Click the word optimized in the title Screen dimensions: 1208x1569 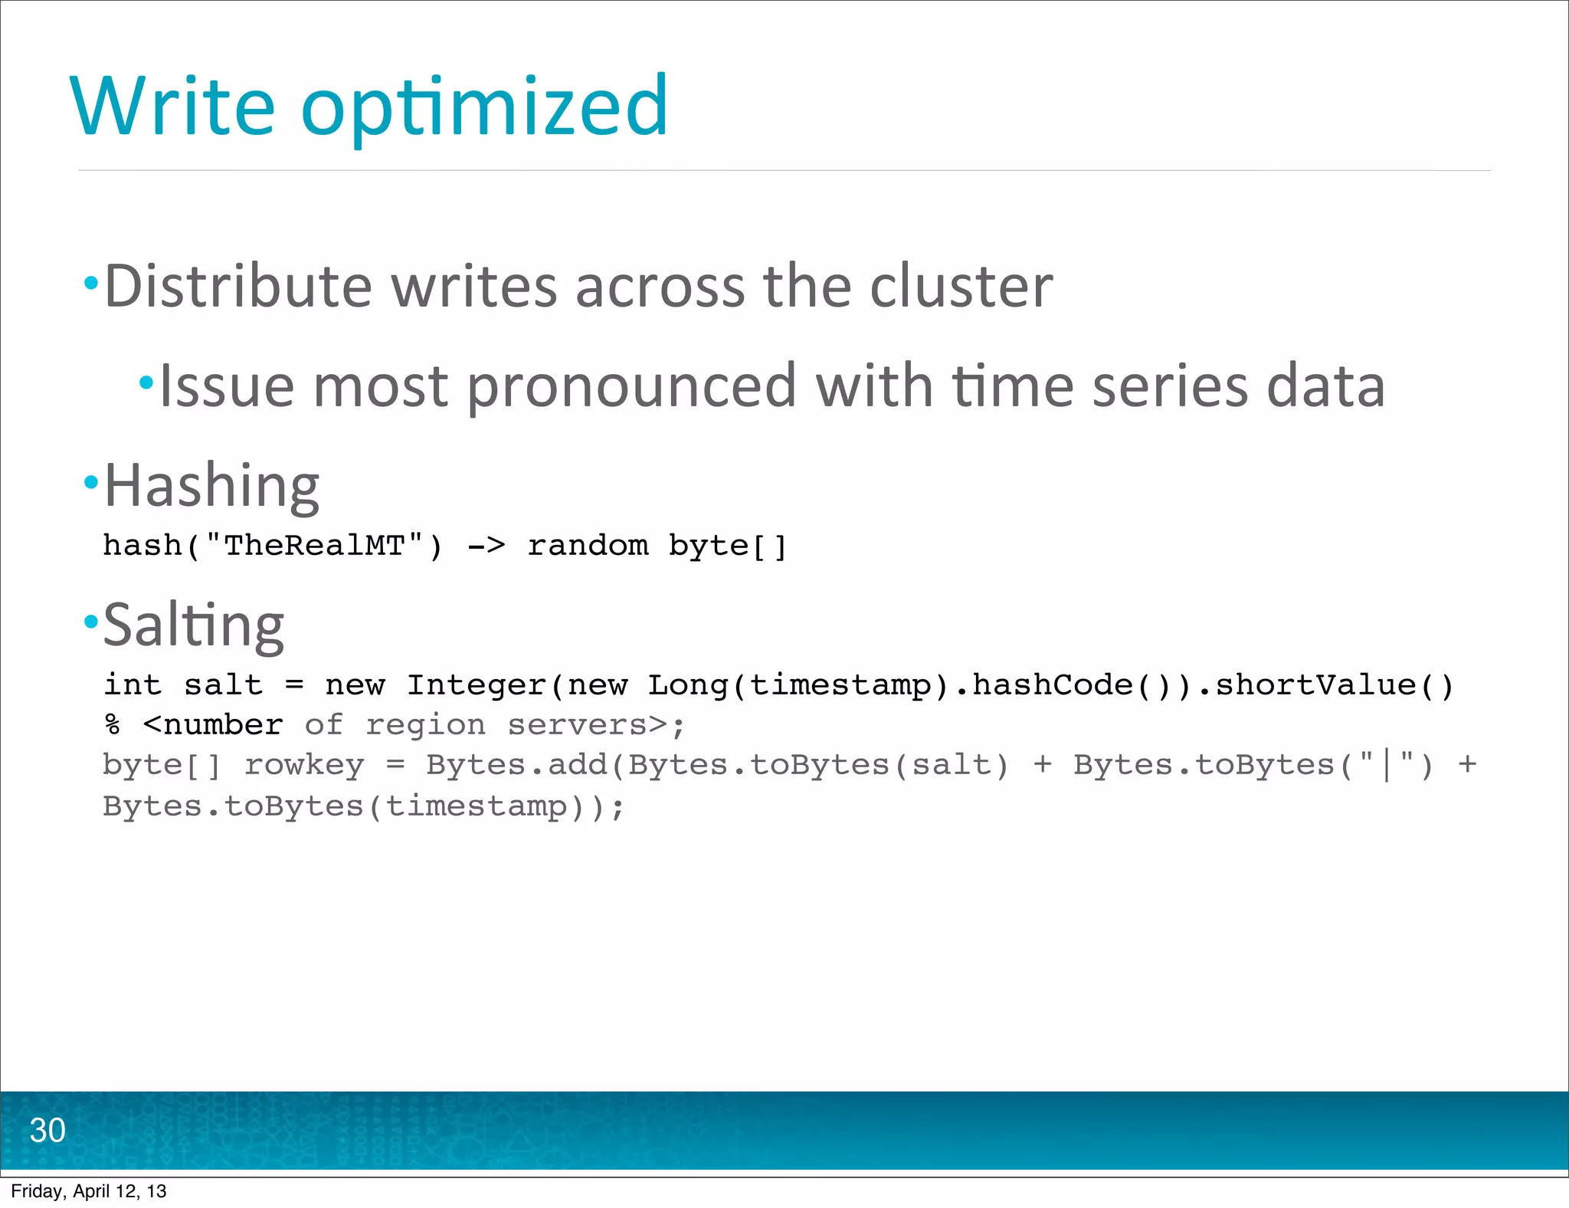pyautogui.click(x=485, y=107)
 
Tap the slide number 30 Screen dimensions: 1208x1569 pyautogui.click(x=47, y=1131)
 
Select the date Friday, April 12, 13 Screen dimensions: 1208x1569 pyautogui.click(x=89, y=1191)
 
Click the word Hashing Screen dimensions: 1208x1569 pyautogui.click(x=211, y=486)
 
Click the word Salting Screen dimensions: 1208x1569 pyautogui.click(x=194, y=625)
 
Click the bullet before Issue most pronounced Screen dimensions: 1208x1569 pyautogui.click(x=146, y=382)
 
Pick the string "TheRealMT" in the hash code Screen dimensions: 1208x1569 pyautogui.click(x=314, y=546)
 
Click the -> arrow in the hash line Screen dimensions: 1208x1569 pyautogui.click(x=486, y=546)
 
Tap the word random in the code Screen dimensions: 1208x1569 pyautogui.click(x=588, y=546)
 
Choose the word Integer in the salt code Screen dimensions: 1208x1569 pyautogui.click(x=476, y=685)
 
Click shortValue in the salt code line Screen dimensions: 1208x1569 pyautogui.click(x=1315, y=685)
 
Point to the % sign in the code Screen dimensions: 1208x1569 pyautogui.click(x=113, y=725)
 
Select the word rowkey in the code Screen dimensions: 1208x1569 pyautogui.click(x=304, y=765)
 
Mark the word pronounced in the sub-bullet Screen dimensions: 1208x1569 pyautogui.click(x=632, y=386)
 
